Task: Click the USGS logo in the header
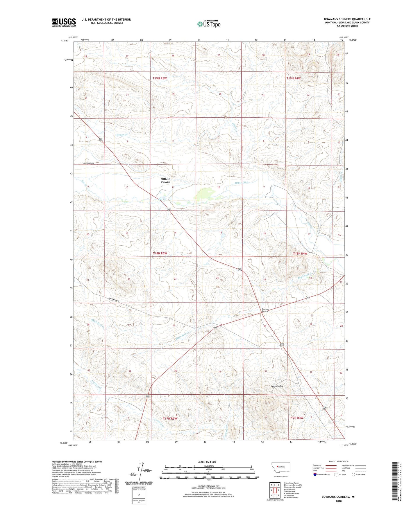[64, 22]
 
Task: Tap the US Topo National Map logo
[208, 24]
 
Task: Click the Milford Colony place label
[165, 181]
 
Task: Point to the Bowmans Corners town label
[265, 310]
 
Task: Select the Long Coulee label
[277, 386]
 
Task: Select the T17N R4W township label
[296, 418]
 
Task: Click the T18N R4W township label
[300, 254]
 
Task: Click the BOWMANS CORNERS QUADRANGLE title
[347, 19]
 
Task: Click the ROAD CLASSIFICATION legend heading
[339, 461]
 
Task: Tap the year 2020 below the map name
[338, 501]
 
